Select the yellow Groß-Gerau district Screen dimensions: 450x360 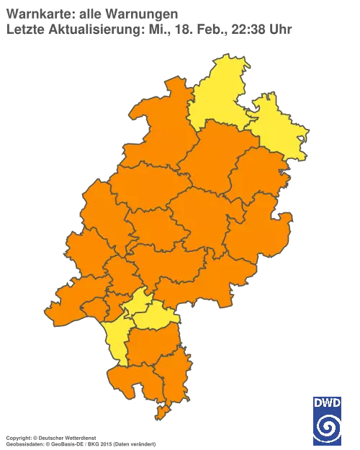click(115, 338)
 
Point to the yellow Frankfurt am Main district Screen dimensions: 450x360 click(137, 302)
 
